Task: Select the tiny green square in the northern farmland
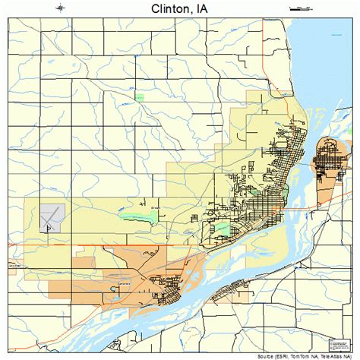click(139, 96)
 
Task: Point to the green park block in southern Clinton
click(222, 227)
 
